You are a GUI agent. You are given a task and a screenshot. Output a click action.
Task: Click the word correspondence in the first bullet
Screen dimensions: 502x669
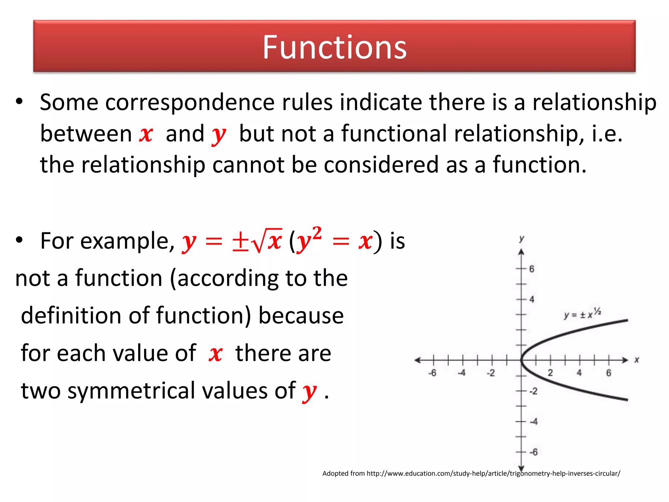pos(190,102)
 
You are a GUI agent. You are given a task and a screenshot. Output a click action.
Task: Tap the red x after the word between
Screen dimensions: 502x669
pos(146,134)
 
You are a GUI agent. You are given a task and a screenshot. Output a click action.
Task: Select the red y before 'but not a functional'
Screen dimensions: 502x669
pos(219,135)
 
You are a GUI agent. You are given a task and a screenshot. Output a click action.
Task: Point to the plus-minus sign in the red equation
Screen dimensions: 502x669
pos(240,242)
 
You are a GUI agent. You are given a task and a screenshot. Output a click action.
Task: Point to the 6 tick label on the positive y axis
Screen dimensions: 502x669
pos(532,269)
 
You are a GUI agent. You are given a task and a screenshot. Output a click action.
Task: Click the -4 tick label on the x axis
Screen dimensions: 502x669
pos(461,373)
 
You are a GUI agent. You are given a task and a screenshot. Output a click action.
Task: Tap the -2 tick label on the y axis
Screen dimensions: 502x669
pos(533,391)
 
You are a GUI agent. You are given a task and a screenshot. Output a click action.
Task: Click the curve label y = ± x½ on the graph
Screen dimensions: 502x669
pos(582,314)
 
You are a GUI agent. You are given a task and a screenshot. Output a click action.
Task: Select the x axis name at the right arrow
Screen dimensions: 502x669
pos(637,360)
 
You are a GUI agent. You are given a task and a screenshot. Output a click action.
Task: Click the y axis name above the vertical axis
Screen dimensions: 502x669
pos(522,239)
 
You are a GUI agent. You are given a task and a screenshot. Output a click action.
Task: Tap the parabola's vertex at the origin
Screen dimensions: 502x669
pos(522,360)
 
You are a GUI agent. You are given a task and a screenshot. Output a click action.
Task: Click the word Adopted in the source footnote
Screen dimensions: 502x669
pos(335,473)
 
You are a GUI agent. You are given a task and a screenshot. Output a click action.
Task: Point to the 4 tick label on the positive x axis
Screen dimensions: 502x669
pos(579,373)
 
